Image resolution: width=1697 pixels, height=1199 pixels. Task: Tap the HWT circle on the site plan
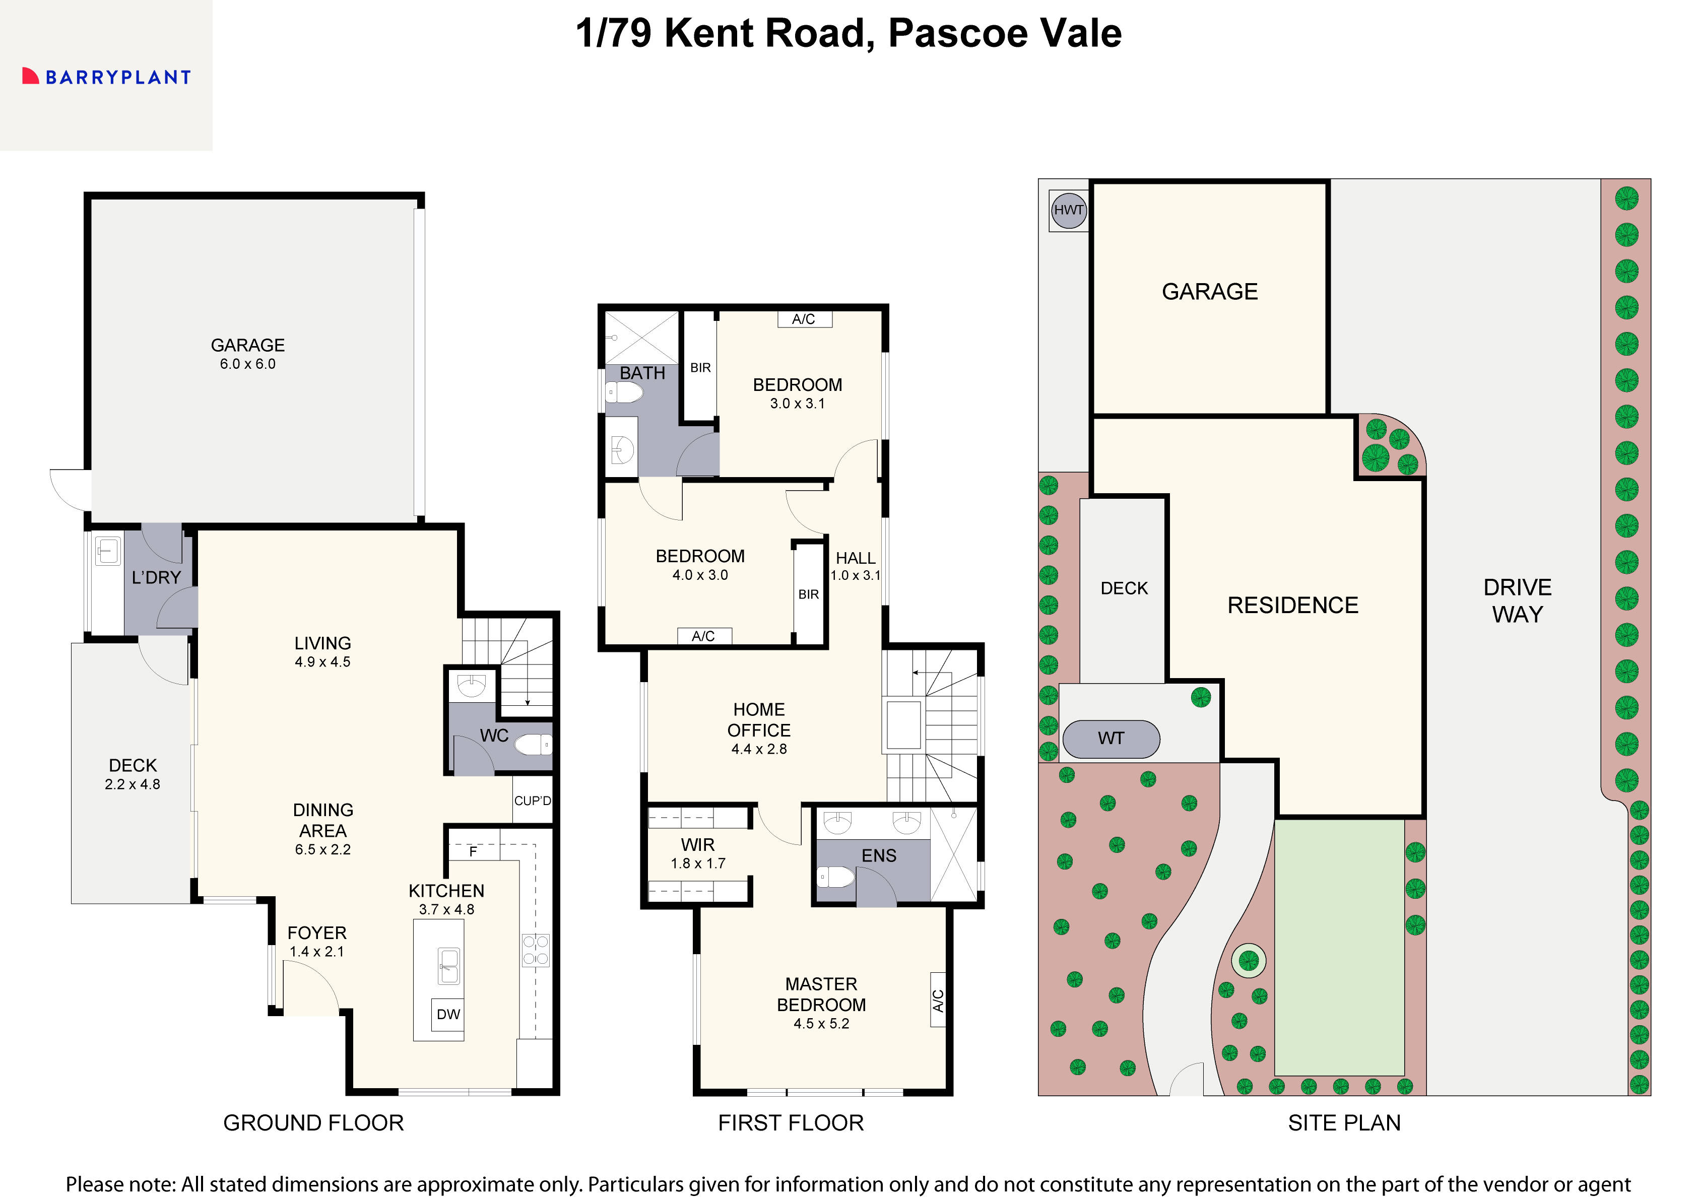coord(1068,210)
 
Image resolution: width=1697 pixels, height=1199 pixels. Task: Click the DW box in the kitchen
coord(448,1014)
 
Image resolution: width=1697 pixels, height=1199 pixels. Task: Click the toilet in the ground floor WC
coord(534,744)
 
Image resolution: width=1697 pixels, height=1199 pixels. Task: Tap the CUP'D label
coord(532,801)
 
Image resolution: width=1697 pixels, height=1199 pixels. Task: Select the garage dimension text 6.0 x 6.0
coord(247,364)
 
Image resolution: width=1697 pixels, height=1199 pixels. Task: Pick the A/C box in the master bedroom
coord(937,1000)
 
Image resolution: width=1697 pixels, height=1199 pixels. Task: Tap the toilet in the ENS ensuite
coord(836,878)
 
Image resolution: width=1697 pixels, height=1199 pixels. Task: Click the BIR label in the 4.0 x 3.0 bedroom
coord(808,594)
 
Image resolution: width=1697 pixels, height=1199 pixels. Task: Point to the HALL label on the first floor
coord(855,558)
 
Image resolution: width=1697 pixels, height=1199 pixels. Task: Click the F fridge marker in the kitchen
coord(473,851)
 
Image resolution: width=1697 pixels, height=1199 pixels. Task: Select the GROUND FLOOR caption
coord(313,1123)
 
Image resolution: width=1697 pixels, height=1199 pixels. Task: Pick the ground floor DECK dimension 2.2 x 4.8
coord(133,784)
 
